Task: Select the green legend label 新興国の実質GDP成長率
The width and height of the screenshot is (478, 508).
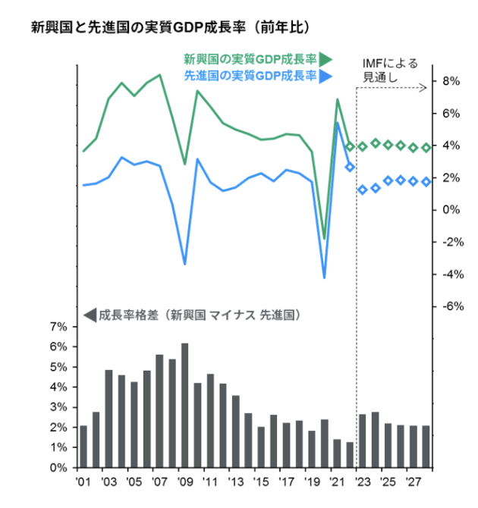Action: click(250, 58)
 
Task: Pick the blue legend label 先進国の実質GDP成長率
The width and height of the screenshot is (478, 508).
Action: click(250, 75)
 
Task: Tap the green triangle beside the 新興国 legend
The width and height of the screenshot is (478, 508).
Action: click(325, 59)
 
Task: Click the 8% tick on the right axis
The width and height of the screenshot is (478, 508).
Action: click(451, 81)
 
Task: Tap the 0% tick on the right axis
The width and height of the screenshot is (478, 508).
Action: click(451, 210)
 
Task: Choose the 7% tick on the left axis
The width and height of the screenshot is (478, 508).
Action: click(58, 327)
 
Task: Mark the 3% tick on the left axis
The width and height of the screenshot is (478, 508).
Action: click(58, 407)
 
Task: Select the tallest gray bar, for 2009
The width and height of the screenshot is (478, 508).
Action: click(184, 405)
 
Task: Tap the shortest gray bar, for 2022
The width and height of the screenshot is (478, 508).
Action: click(350, 454)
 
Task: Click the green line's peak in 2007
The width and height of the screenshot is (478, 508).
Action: click(159, 75)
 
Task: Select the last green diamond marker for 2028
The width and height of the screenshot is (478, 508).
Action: click(426, 147)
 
